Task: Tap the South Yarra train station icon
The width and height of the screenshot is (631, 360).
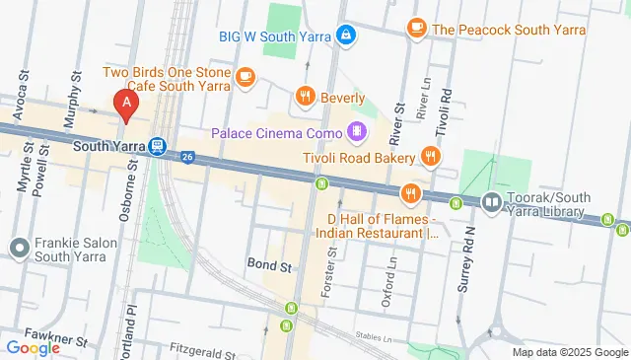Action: point(157,146)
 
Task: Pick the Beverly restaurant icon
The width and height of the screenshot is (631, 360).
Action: point(306,97)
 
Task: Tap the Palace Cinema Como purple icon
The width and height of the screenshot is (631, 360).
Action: point(356,131)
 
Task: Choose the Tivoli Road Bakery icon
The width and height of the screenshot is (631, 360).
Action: point(430,156)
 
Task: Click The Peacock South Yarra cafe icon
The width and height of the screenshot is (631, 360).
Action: point(416,28)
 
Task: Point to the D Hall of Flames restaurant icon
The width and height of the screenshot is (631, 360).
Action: point(411,193)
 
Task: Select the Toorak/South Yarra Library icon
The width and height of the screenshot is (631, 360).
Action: point(491,202)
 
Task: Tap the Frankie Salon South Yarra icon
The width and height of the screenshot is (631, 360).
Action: point(19,247)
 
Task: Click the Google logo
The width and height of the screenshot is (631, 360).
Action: point(34,347)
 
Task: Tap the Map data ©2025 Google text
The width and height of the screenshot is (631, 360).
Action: point(568,352)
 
